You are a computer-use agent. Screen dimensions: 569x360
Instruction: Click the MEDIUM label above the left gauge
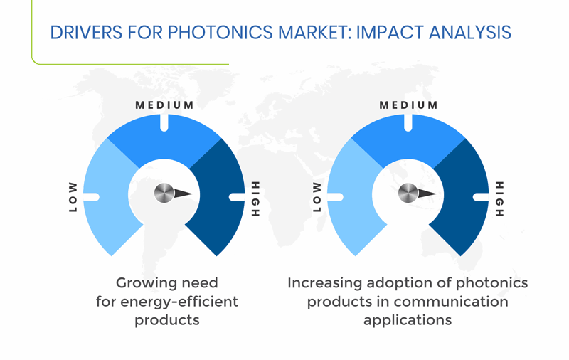click(x=164, y=105)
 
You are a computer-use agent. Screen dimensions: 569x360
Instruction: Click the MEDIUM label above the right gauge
click(x=408, y=105)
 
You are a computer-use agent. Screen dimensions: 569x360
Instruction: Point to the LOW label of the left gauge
click(x=73, y=197)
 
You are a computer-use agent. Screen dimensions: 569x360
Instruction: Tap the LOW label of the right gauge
click(x=317, y=197)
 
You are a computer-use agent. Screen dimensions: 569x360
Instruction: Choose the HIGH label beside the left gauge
click(x=256, y=199)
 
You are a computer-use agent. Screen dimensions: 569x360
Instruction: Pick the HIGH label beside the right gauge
click(x=500, y=199)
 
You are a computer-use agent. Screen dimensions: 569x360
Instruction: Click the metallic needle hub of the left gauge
click(x=164, y=193)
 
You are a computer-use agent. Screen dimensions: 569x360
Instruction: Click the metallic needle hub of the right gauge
click(x=408, y=193)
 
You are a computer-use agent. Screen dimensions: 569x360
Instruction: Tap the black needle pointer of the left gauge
click(x=184, y=194)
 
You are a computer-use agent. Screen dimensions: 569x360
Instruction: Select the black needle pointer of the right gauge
click(x=427, y=194)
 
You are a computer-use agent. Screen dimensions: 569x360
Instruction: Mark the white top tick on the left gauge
click(x=164, y=122)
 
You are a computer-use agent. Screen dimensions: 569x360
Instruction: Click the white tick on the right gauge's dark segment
click(x=481, y=197)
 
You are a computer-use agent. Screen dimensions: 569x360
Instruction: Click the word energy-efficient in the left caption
click(x=179, y=302)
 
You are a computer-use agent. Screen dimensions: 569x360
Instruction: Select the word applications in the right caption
click(x=408, y=320)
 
